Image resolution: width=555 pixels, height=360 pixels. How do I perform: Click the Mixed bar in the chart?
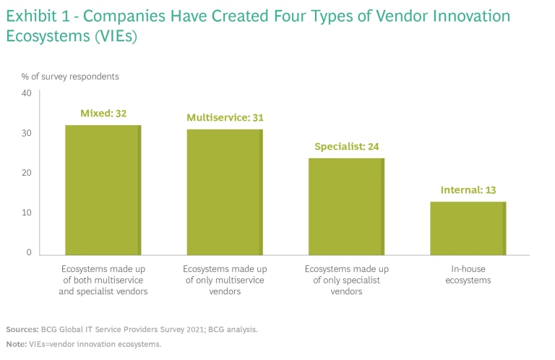pyautogui.click(x=103, y=189)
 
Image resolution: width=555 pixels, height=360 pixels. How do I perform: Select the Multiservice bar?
pyautogui.click(x=225, y=192)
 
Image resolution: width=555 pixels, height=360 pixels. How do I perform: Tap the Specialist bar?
pyautogui.click(x=347, y=206)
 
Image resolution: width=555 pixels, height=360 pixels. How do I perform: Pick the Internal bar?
pyautogui.click(x=468, y=228)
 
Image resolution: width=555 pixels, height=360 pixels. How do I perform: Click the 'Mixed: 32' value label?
pyautogui.click(x=103, y=113)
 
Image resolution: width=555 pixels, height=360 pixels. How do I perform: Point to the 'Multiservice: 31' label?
pyautogui.click(x=225, y=117)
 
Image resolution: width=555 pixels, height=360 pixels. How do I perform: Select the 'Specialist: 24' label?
pyautogui.click(x=347, y=146)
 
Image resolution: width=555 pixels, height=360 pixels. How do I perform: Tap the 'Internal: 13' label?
pyautogui.click(x=468, y=190)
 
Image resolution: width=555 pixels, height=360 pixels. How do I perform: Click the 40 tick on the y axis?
pyautogui.click(x=27, y=93)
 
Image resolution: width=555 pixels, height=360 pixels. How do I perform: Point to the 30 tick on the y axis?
pyautogui.click(x=27, y=133)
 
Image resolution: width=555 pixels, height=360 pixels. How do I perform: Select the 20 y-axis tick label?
pyautogui.click(x=27, y=173)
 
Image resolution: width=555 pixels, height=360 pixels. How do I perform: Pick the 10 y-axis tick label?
pyautogui.click(x=27, y=213)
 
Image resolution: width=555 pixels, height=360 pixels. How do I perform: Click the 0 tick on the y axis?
pyautogui.click(x=29, y=253)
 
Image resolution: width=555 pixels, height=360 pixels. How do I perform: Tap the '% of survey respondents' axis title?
pyautogui.click(x=69, y=76)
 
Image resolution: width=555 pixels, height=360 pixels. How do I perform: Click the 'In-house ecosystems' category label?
pyautogui.click(x=468, y=274)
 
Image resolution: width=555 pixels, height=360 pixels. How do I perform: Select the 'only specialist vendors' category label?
pyautogui.click(x=347, y=280)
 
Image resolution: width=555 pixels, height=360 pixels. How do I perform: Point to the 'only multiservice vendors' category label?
pyautogui.click(x=225, y=280)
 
